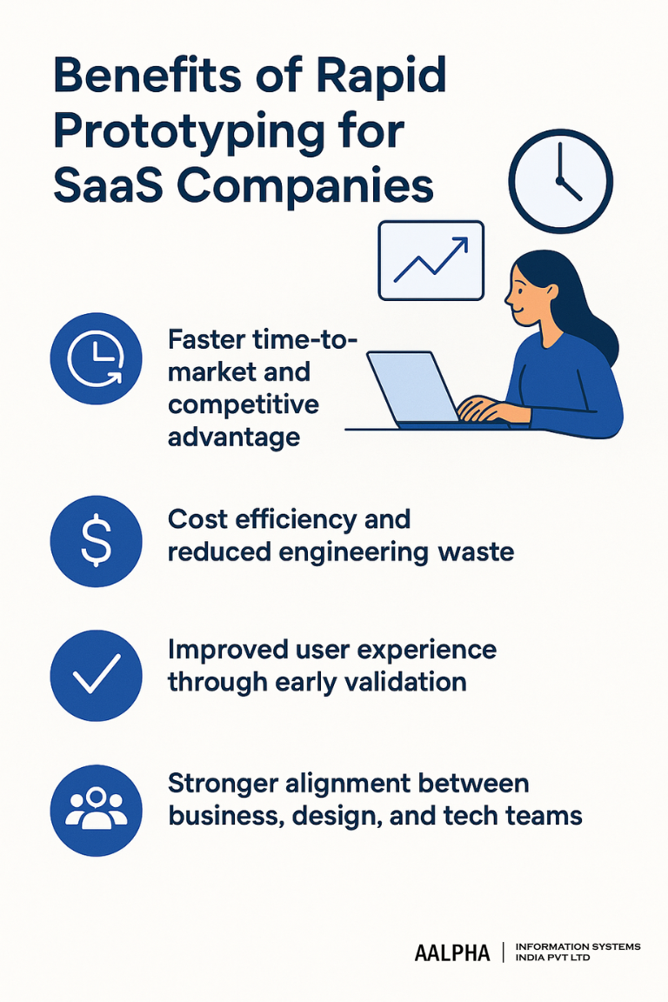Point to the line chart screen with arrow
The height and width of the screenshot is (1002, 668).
pos(431,260)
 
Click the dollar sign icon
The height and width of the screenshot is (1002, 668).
pos(96,540)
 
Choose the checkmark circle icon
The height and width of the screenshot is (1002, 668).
pos(96,675)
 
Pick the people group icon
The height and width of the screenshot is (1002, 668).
pos(96,810)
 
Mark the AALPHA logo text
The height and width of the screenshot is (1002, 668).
pos(452,953)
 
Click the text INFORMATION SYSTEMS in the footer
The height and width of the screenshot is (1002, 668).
pos(578,946)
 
